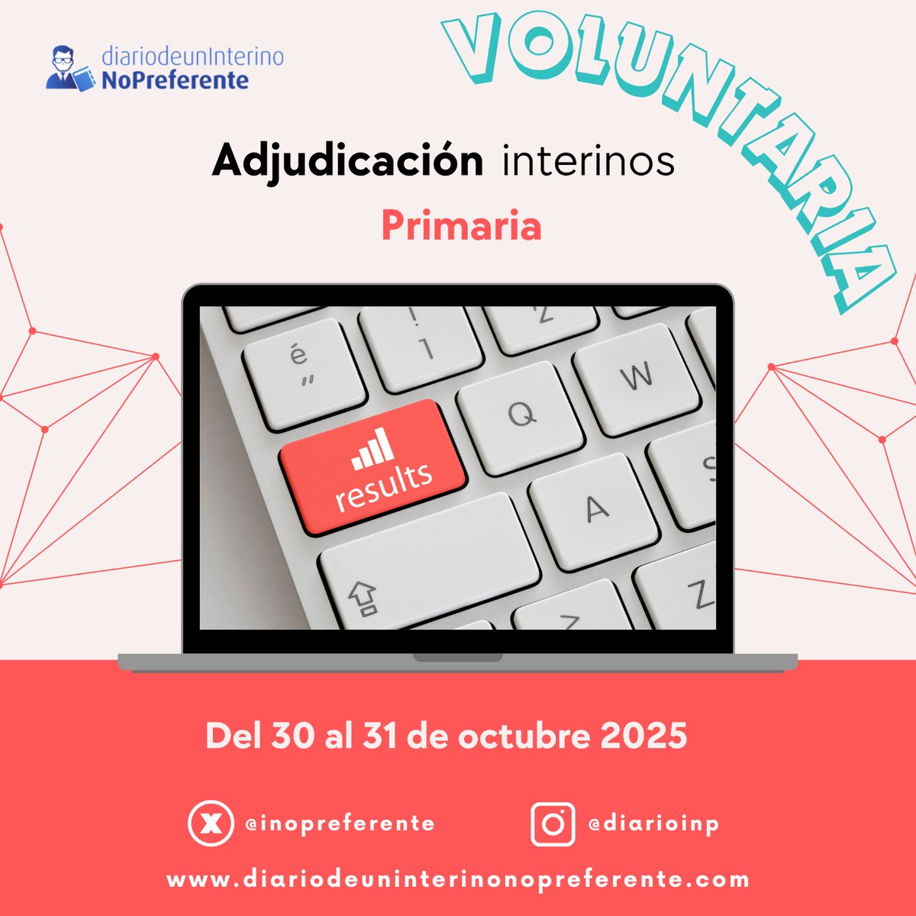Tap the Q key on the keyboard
(x=522, y=415)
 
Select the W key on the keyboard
(x=637, y=377)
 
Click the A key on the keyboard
(x=595, y=509)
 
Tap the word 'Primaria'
(x=461, y=225)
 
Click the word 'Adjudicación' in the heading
(x=347, y=161)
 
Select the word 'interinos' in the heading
(x=589, y=161)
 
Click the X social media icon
(x=210, y=824)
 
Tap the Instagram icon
(x=553, y=824)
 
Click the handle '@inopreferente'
(x=340, y=824)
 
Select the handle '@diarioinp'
(x=653, y=824)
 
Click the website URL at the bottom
(x=458, y=879)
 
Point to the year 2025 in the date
(x=643, y=736)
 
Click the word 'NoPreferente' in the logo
(x=176, y=79)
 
